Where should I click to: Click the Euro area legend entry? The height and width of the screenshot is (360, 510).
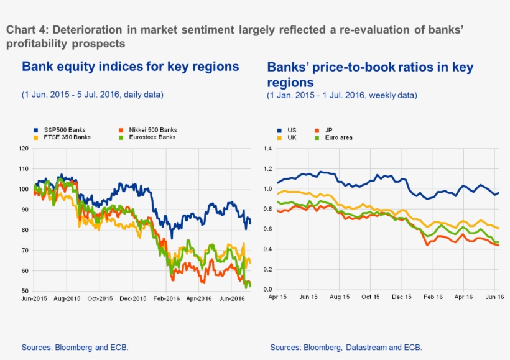[x=338, y=137]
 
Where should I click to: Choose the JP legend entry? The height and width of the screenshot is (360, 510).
[x=329, y=130]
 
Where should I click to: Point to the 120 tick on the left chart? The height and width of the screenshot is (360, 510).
[x=24, y=149]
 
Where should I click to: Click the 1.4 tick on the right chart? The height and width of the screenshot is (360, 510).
[x=268, y=149]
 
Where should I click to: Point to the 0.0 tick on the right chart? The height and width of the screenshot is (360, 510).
[x=268, y=290]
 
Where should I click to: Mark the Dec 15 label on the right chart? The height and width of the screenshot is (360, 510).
[x=401, y=297]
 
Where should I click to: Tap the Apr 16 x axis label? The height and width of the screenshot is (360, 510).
[x=463, y=297]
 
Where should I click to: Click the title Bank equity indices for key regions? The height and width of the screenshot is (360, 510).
[x=130, y=67]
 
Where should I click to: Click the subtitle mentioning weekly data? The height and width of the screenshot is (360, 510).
[x=342, y=95]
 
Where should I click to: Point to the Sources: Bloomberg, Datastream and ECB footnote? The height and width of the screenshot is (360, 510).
[x=346, y=347]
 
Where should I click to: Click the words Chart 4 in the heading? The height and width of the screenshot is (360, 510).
[x=25, y=30]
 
